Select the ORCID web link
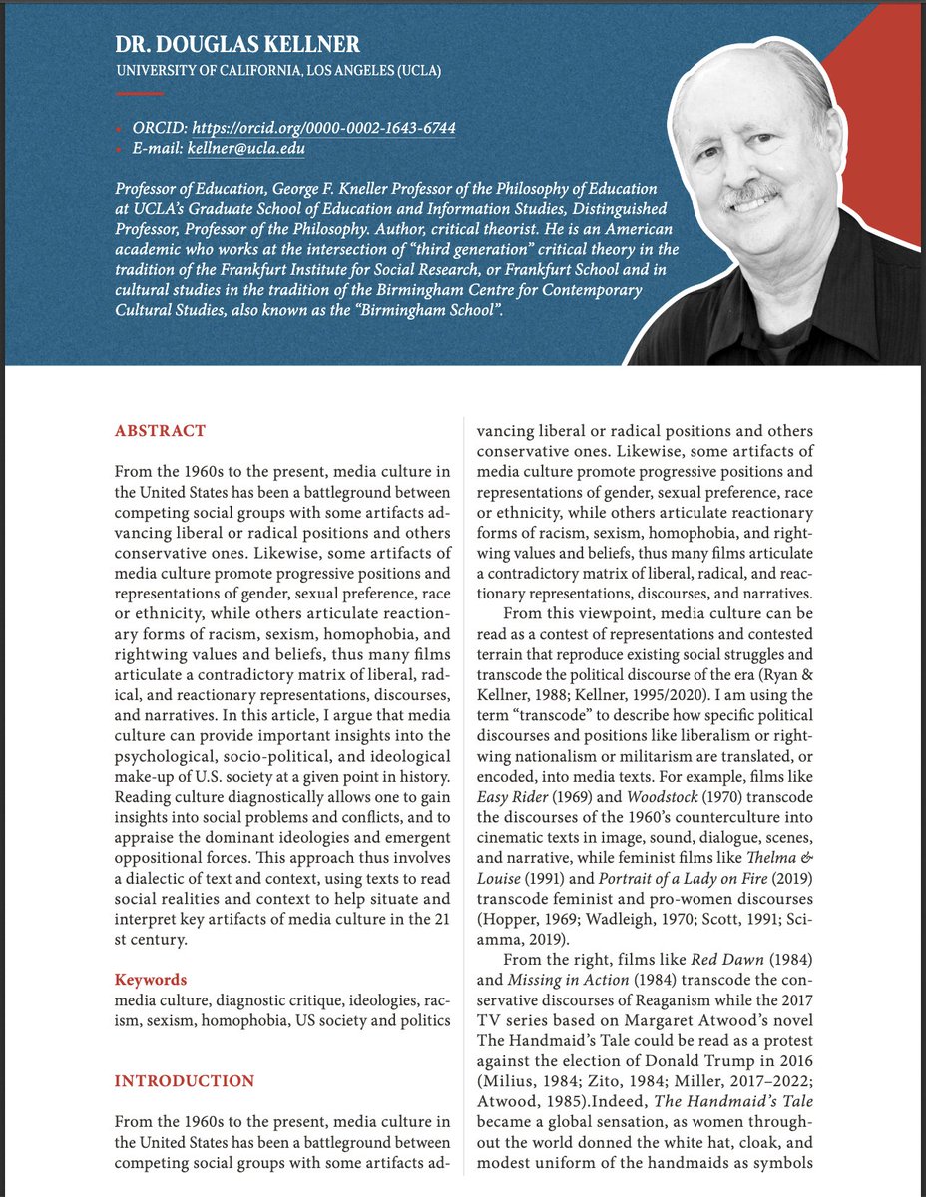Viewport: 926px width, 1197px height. click(x=323, y=129)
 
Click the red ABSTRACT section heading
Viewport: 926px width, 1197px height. click(x=160, y=431)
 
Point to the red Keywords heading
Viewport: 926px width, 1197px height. click(x=150, y=980)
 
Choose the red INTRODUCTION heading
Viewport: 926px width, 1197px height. click(x=185, y=1081)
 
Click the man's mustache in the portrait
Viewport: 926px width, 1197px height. click(x=750, y=192)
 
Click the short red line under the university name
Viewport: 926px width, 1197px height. click(x=140, y=93)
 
